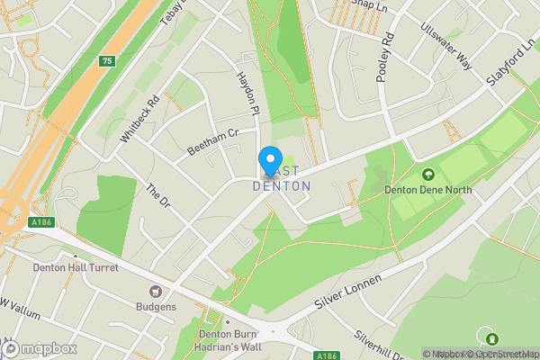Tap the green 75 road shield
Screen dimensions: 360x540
tap(107, 61)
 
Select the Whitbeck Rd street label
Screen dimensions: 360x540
tap(139, 119)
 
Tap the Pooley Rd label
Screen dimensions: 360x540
tap(386, 58)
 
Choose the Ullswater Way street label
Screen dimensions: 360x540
tap(445, 46)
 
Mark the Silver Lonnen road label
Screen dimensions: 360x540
tap(350, 292)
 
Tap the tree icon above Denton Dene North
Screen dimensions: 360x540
tap(427, 175)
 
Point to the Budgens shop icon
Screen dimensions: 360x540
tap(155, 291)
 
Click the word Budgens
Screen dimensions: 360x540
tap(156, 306)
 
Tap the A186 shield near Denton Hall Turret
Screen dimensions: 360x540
tap(40, 223)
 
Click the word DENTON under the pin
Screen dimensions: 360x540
tap(282, 186)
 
